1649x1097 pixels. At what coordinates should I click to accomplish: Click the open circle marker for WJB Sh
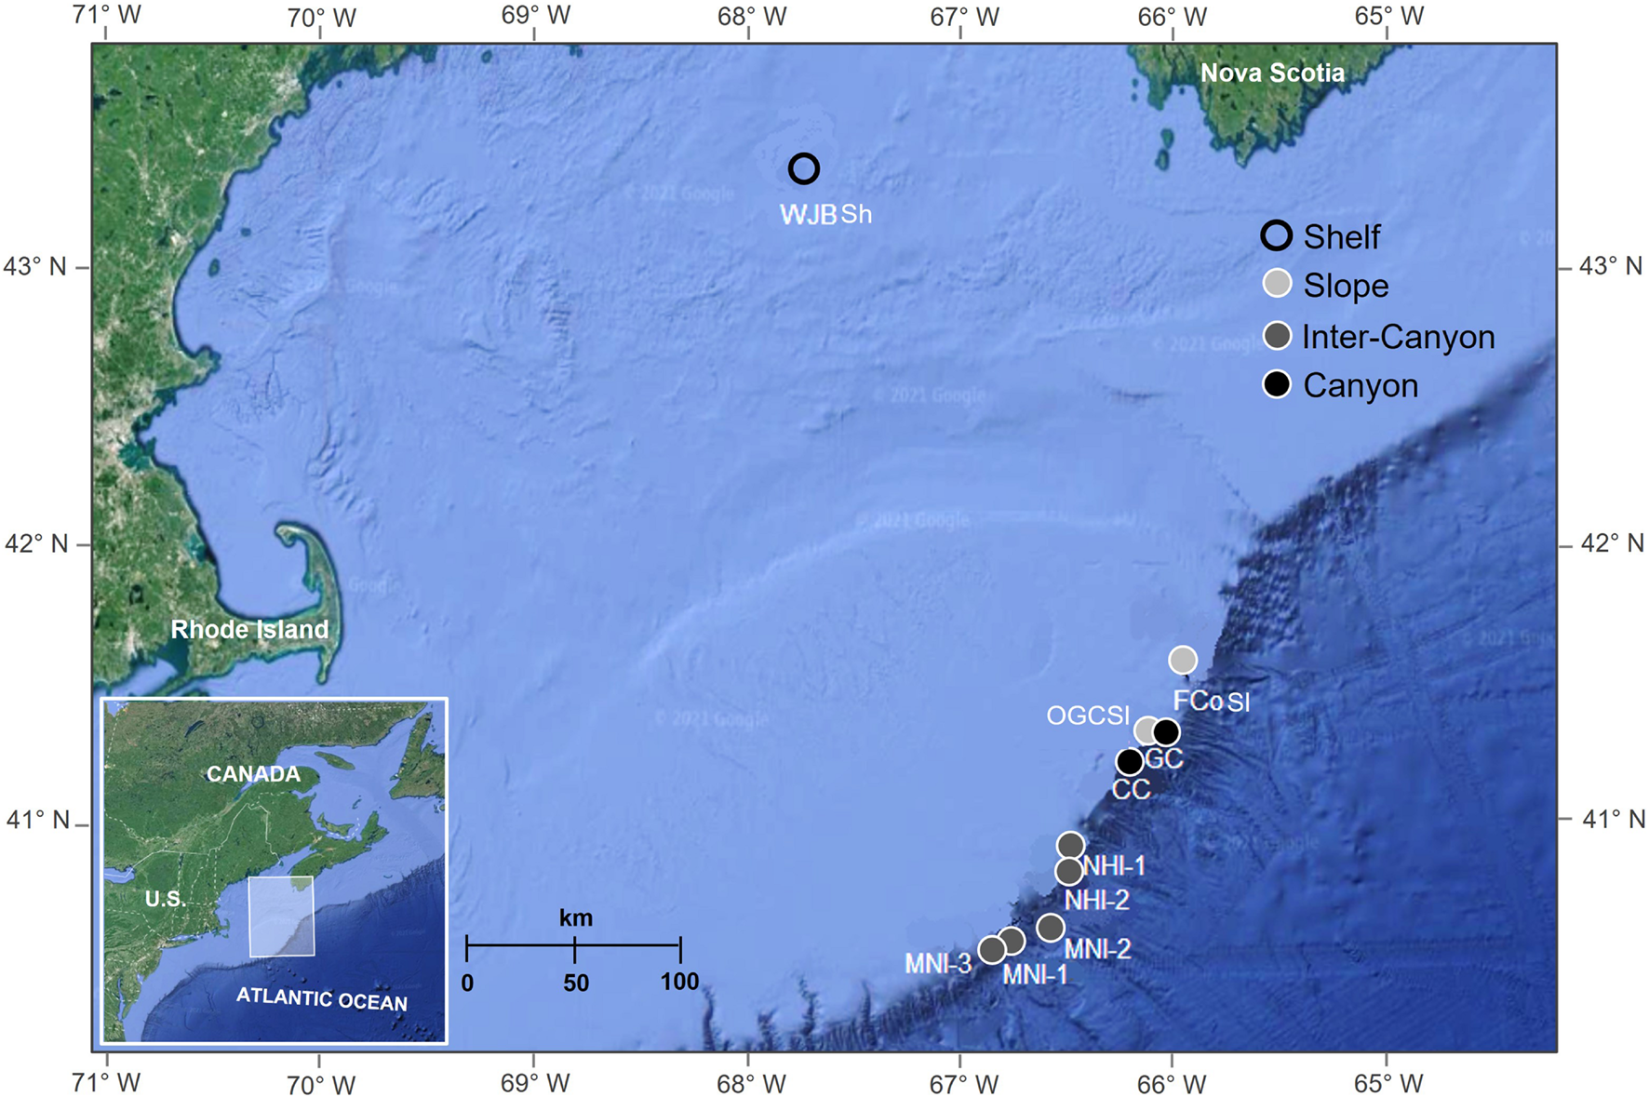pos(804,168)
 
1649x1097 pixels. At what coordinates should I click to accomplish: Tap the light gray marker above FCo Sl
pos(1182,660)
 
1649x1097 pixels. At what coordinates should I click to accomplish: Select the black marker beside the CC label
pos(1129,762)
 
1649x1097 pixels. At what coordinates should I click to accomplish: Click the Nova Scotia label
pos(1271,74)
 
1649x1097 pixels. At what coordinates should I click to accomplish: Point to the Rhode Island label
pos(249,630)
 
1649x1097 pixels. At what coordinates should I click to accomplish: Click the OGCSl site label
pos(1088,716)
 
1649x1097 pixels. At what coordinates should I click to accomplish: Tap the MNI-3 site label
pos(938,964)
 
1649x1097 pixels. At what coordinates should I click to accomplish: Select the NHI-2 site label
pos(1096,900)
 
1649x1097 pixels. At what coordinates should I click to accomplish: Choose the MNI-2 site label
pos(1097,949)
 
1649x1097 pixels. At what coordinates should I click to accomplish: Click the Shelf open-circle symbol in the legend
pos(1277,236)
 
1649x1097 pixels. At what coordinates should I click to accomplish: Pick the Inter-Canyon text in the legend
pos(1398,337)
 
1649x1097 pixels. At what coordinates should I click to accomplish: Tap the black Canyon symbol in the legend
pos(1277,384)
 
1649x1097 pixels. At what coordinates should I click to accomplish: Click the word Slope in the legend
pos(1346,287)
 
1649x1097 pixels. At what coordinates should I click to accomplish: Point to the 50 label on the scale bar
pos(575,983)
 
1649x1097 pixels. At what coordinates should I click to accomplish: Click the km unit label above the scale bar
pos(575,918)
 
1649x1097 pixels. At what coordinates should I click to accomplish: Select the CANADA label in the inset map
pos(253,774)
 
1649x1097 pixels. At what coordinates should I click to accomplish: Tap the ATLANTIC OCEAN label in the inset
pos(321,999)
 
